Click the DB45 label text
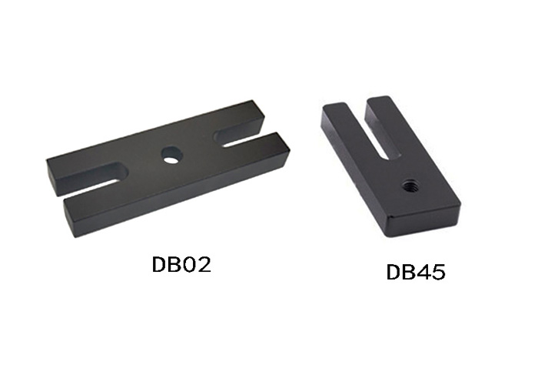416,273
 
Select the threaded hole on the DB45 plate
410,185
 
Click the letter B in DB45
408,273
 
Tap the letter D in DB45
394,273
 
